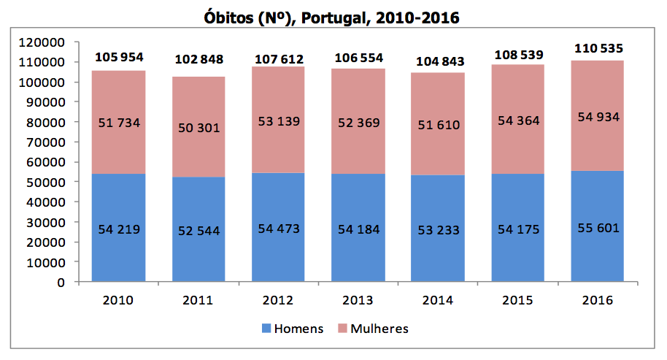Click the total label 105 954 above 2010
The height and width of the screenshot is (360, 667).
[119, 57]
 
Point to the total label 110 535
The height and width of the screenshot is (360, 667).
[598, 48]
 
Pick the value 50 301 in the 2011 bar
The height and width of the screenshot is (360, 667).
[198, 128]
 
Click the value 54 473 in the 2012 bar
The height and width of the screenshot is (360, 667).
[278, 229]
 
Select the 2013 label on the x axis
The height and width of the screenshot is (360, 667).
[358, 300]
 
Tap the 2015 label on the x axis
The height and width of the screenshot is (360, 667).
[517, 300]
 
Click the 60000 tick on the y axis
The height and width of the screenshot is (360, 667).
[47, 162]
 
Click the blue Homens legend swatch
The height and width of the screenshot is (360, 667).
[266, 329]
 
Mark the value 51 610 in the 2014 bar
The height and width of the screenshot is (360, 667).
[438, 124]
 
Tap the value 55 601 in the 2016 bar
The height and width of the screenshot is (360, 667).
[598, 228]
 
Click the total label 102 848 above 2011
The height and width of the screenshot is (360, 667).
[198, 59]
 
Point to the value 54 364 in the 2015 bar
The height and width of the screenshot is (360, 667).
[517, 120]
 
